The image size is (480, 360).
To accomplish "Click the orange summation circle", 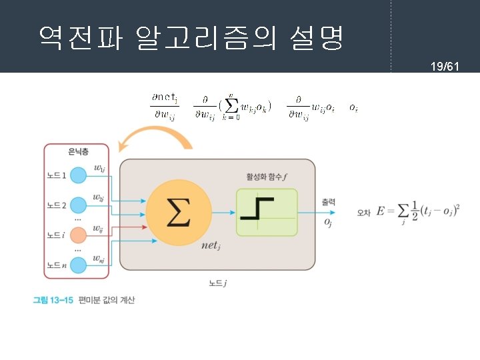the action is pos(179,211).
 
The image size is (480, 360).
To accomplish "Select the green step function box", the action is pos(267,212).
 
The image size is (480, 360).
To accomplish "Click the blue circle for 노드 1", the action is pos(79,176).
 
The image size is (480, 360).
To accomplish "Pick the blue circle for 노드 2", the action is pos(79,205).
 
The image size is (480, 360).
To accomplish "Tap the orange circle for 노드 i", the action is pos(79,235).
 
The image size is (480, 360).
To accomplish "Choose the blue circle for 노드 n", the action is pos(79,265).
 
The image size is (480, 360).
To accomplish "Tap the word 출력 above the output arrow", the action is pos(328,201).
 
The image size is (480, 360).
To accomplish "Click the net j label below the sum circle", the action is pos(211,246).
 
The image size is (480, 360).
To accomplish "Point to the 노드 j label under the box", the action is pos(218,283).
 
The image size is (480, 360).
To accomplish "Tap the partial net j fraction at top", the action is pos(163,106).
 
